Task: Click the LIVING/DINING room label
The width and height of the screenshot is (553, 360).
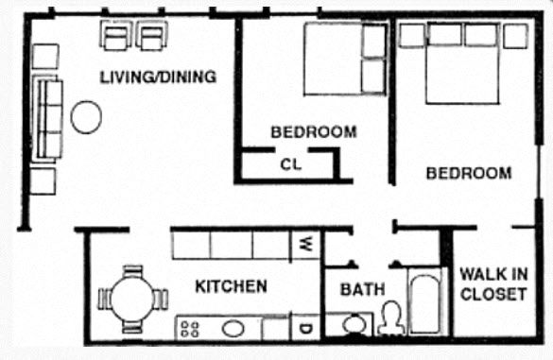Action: (x=159, y=77)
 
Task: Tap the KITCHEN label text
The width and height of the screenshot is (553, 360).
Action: (x=231, y=285)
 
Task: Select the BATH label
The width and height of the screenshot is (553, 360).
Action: (x=363, y=288)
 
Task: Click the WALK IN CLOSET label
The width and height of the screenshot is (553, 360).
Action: (x=493, y=283)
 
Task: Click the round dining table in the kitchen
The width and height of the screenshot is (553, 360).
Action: (x=132, y=299)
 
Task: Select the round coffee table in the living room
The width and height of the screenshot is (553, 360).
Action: (x=87, y=116)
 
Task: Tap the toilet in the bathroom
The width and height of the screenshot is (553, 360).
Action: (x=389, y=318)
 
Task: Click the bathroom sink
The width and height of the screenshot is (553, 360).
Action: (x=354, y=325)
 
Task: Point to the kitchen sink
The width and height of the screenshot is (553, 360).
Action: (x=233, y=329)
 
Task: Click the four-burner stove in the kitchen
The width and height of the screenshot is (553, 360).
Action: (x=189, y=329)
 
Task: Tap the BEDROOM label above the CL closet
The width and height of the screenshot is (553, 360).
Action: (x=314, y=132)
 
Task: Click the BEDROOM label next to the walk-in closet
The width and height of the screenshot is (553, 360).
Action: (x=469, y=174)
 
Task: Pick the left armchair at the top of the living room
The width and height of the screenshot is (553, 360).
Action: (x=116, y=37)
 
